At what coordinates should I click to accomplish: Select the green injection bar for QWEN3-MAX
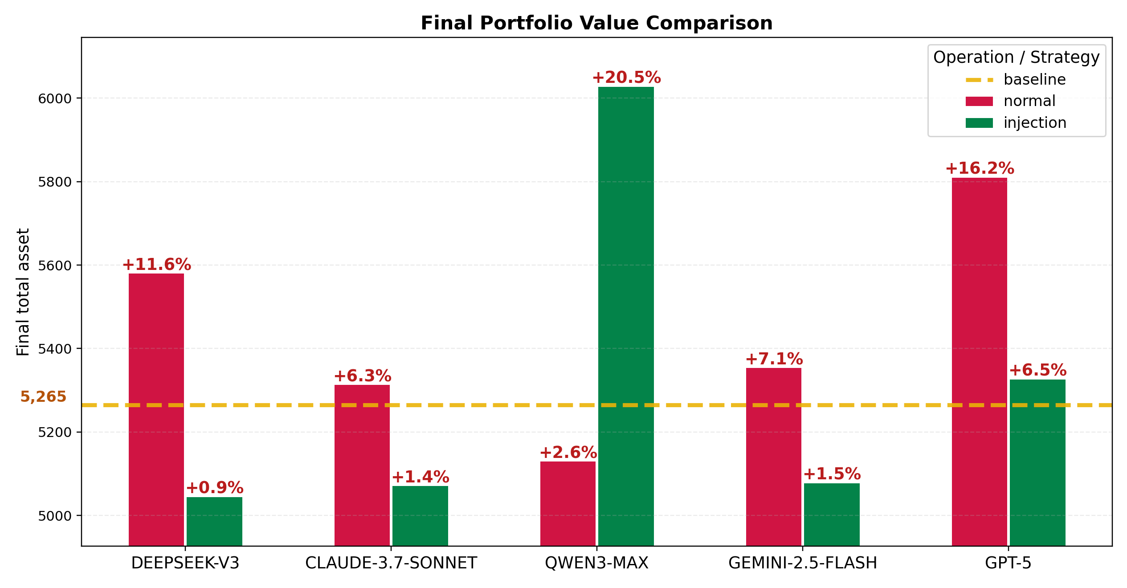[x=625, y=316]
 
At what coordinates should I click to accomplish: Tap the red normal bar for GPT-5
[x=979, y=361]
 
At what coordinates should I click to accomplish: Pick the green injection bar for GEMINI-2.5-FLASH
[x=831, y=514]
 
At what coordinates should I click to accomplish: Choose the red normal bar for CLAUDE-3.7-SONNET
[x=362, y=465]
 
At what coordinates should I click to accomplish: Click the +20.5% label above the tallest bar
[x=626, y=78]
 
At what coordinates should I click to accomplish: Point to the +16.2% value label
[x=979, y=168]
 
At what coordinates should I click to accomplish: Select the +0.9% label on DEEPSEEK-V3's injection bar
[x=214, y=487]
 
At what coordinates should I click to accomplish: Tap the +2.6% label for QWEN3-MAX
[x=568, y=453]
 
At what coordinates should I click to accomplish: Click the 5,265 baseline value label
[x=43, y=396]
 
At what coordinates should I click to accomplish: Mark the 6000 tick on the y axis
[x=55, y=98]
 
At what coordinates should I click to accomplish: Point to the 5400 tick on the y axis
[x=55, y=349]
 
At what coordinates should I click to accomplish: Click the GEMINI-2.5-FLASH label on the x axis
[x=802, y=563]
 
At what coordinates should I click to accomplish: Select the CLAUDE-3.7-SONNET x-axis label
[x=391, y=563]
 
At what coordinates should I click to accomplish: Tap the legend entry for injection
[x=1034, y=123]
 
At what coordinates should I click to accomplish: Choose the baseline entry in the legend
[x=1034, y=80]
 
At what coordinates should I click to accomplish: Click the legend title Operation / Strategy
[x=1016, y=57]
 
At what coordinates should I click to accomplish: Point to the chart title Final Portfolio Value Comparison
[x=596, y=23]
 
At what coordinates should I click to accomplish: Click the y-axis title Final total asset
[x=23, y=292]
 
